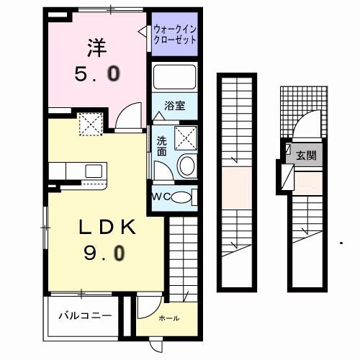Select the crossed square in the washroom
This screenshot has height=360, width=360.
(x=184, y=136)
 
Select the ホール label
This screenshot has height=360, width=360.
(x=168, y=318)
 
